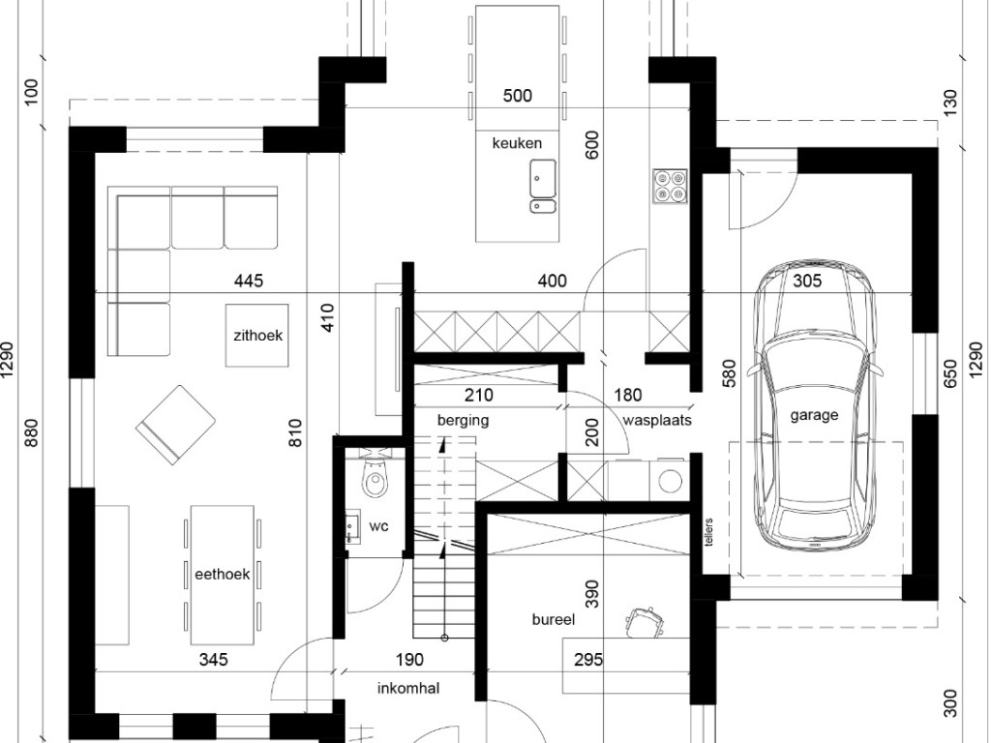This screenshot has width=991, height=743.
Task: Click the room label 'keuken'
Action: (517, 143)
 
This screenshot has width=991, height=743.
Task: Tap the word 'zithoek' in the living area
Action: (257, 336)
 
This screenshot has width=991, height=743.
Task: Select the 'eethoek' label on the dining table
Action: (222, 575)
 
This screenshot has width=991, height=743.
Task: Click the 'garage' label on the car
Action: (814, 416)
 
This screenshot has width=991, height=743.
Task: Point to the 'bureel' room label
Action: (554, 620)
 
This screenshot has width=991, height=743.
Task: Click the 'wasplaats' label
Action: (657, 420)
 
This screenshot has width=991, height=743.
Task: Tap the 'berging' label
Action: (464, 421)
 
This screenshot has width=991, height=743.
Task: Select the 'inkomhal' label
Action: (408, 688)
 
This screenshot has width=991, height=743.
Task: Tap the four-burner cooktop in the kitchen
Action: (670, 187)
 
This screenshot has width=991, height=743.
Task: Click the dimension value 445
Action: (249, 281)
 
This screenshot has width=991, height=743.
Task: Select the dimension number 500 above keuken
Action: (517, 96)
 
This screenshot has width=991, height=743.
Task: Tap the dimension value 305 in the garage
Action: (807, 281)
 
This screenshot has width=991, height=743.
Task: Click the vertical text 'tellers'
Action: (708, 533)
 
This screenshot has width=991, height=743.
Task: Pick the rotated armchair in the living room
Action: (176, 425)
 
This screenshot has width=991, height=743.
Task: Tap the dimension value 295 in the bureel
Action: (588, 660)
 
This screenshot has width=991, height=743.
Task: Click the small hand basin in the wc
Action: (352, 526)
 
